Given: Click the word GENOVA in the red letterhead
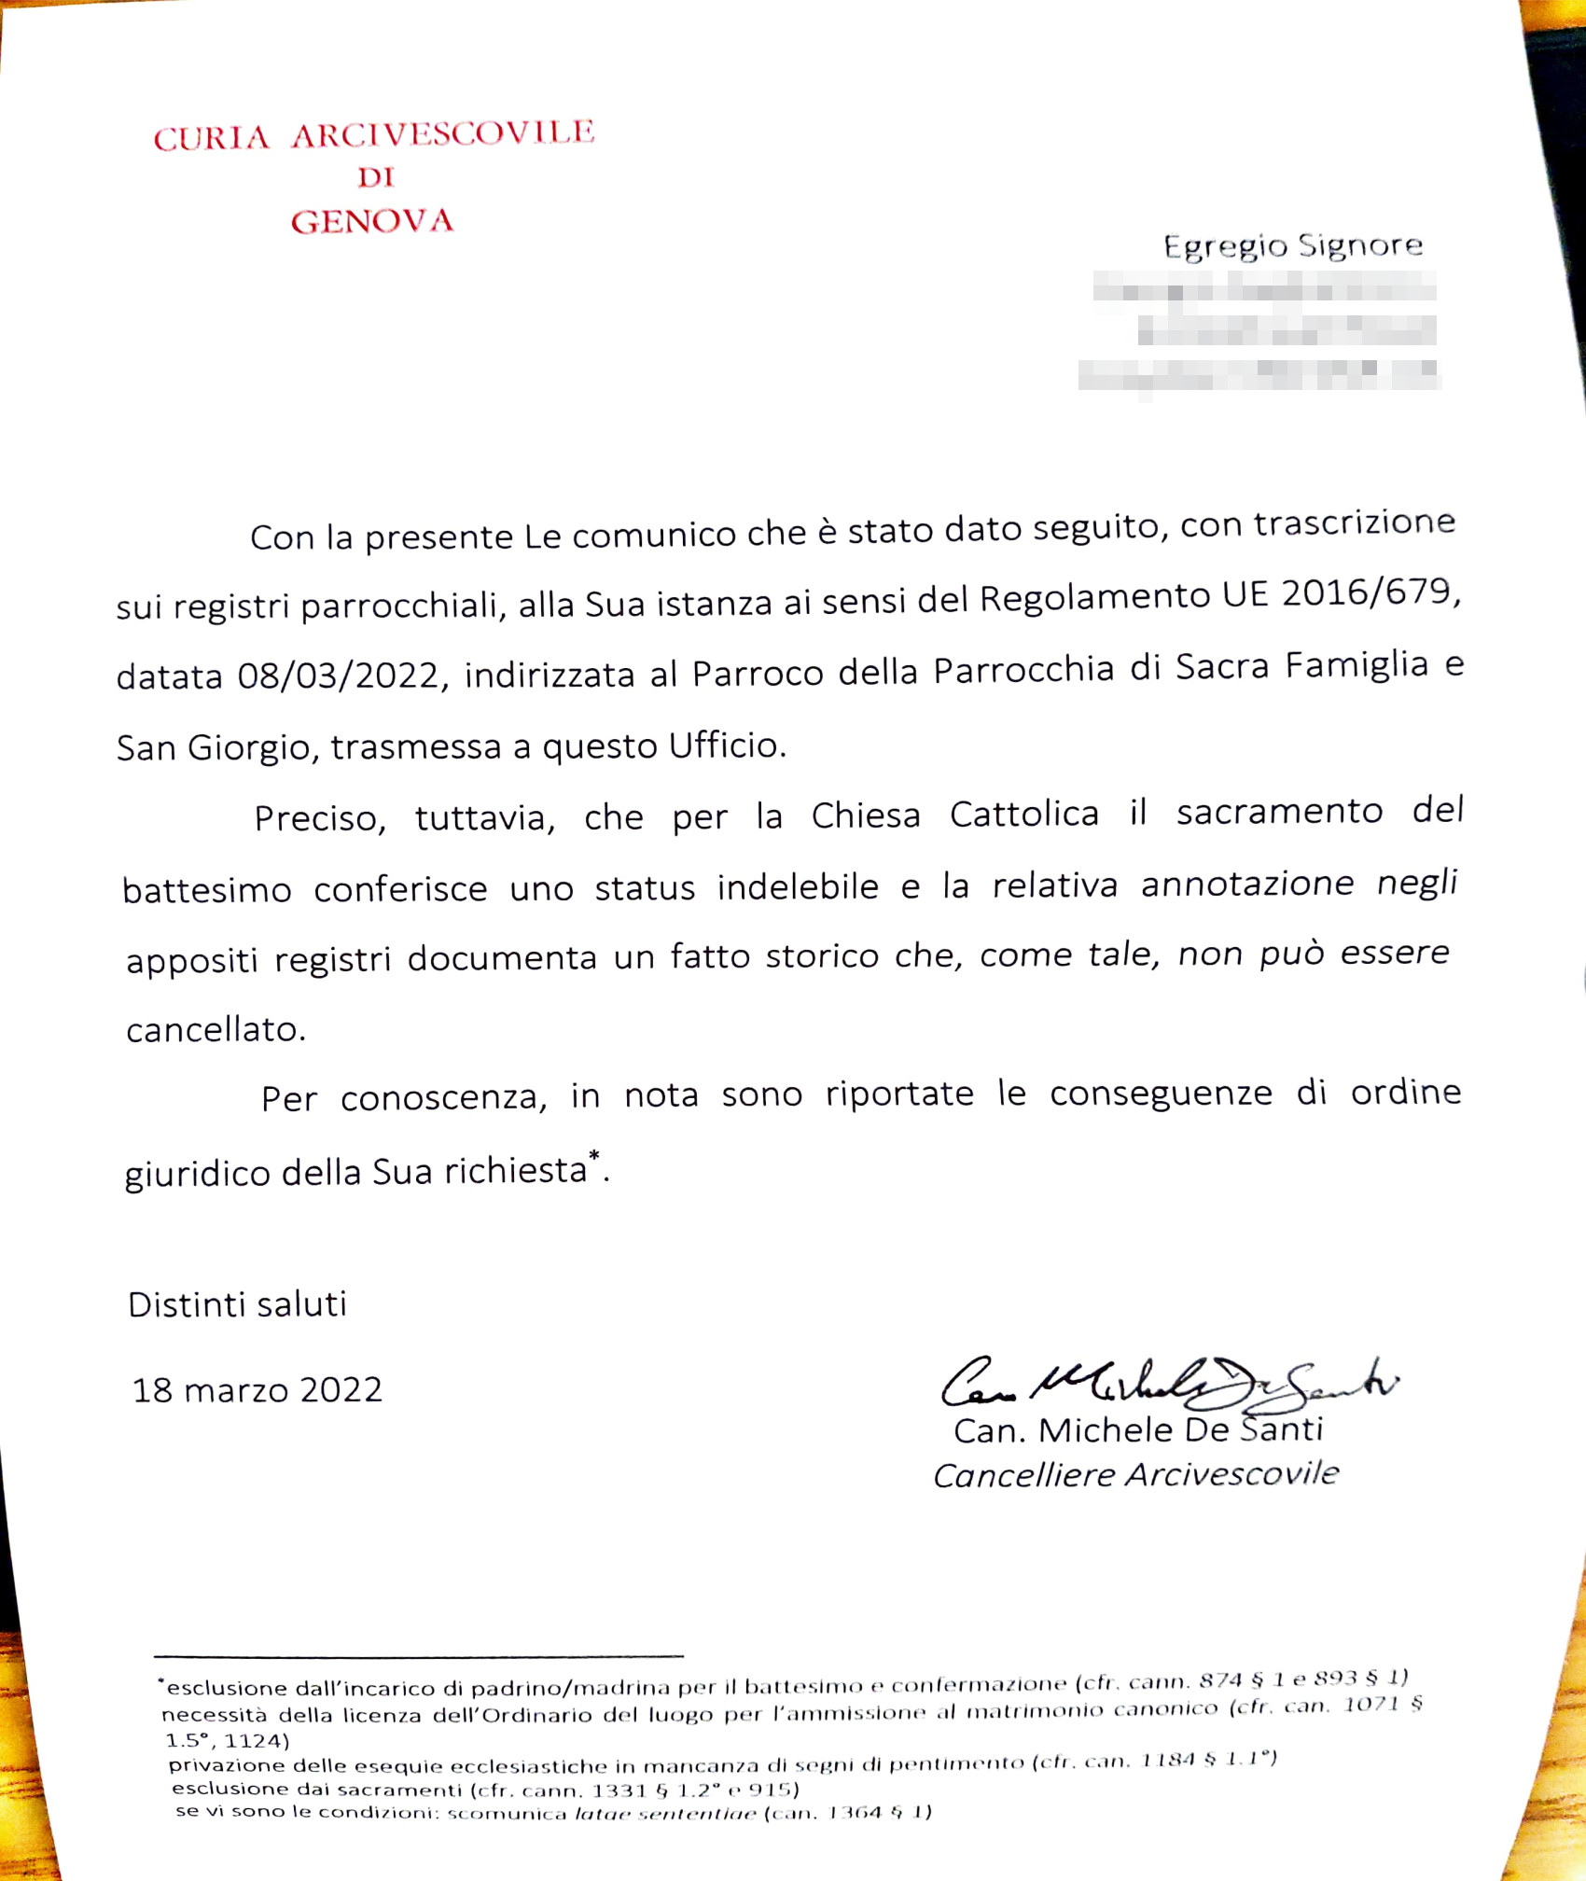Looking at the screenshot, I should (x=371, y=222).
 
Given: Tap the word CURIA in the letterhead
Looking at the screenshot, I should (x=212, y=139).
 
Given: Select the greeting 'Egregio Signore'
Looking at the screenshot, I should (x=1292, y=245).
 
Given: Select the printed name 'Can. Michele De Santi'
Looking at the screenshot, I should (x=1137, y=1430).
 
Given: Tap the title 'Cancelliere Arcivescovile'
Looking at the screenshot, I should (x=1135, y=1475).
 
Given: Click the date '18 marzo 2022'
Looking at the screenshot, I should (x=257, y=1390).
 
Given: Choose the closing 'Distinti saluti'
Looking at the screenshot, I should (x=237, y=1304).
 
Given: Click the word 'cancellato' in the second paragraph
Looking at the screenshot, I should (x=215, y=1030).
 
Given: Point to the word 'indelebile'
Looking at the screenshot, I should (x=798, y=886).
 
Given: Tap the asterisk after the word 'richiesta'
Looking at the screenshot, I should (x=594, y=1157).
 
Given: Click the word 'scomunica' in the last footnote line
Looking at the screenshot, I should (x=507, y=1814).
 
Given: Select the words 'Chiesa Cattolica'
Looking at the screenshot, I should (x=954, y=815).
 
